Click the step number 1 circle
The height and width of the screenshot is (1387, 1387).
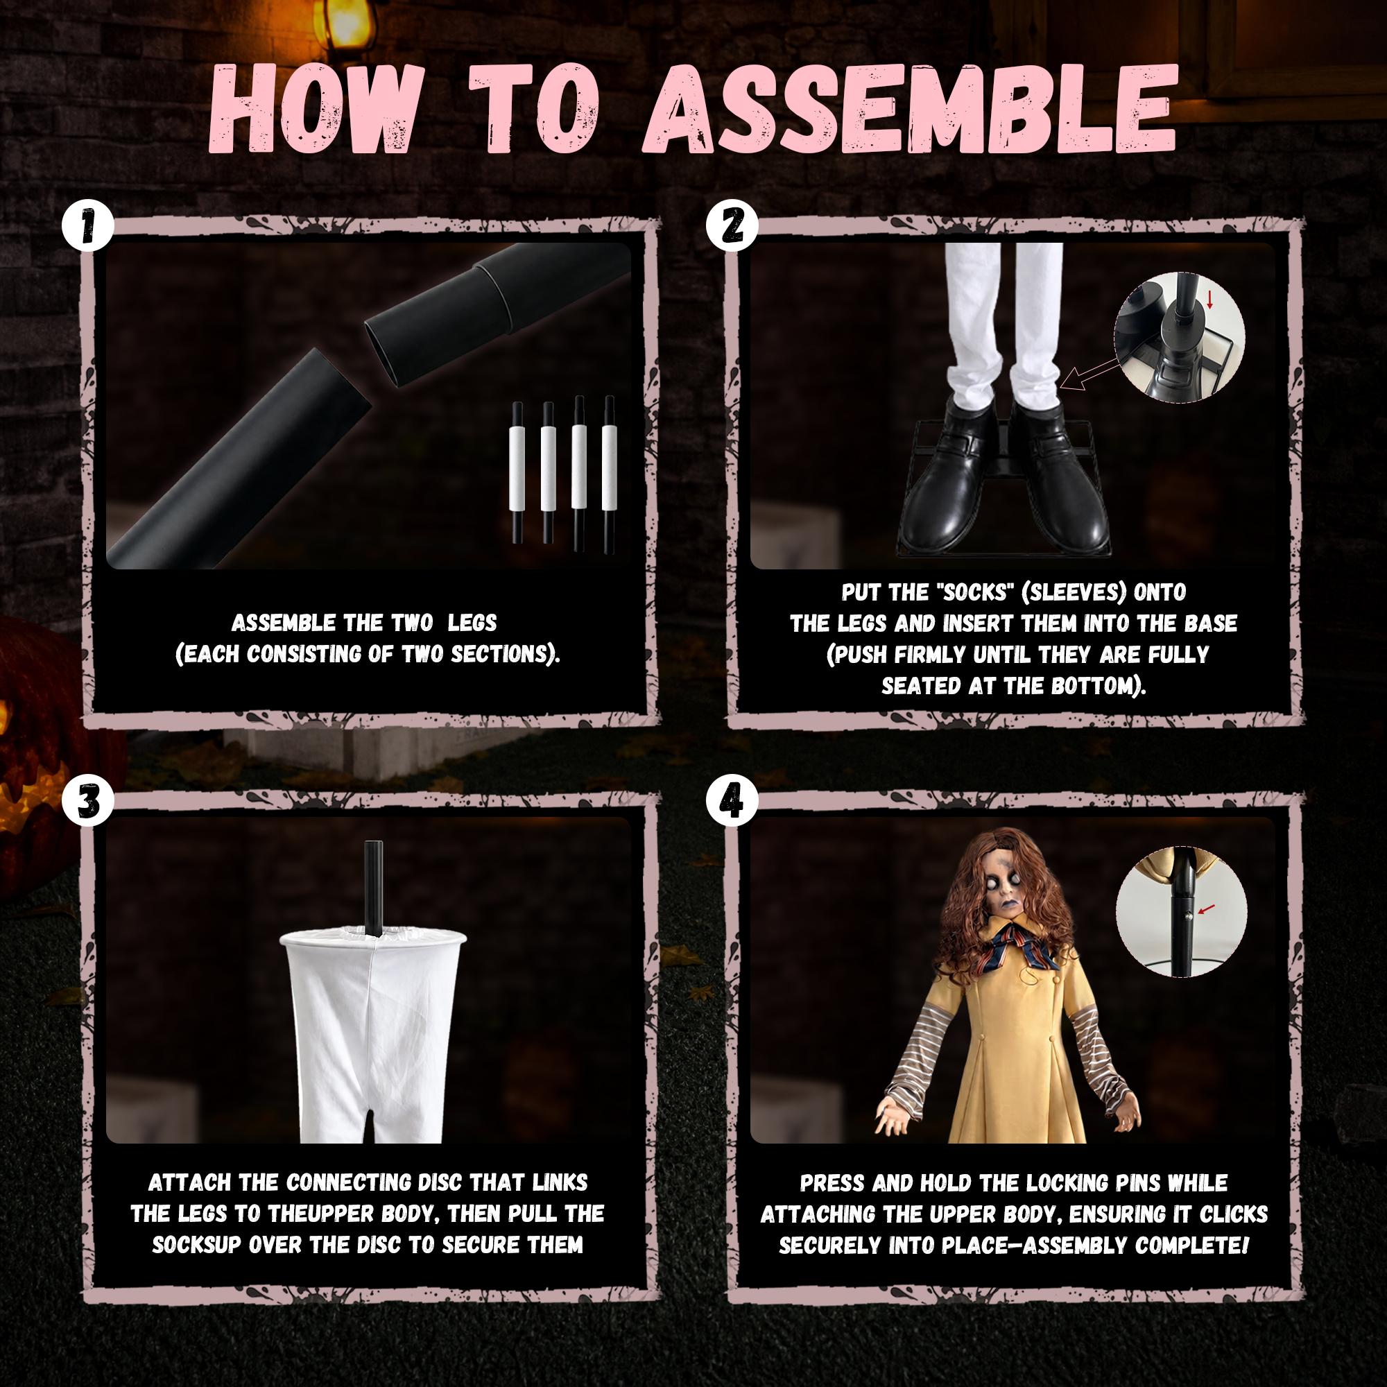click(87, 225)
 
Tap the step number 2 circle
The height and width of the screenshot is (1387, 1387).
click(732, 225)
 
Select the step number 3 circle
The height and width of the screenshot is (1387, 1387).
click(87, 800)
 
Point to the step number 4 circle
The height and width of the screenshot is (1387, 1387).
click(732, 800)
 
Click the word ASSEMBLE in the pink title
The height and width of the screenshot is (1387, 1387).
click(911, 109)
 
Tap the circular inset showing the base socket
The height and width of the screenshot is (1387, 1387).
click(1180, 338)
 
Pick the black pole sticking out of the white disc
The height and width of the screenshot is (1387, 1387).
click(373, 888)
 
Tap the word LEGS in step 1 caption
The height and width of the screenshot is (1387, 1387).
click(472, 623)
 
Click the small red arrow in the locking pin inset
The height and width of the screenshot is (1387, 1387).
click(1206, 909)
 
